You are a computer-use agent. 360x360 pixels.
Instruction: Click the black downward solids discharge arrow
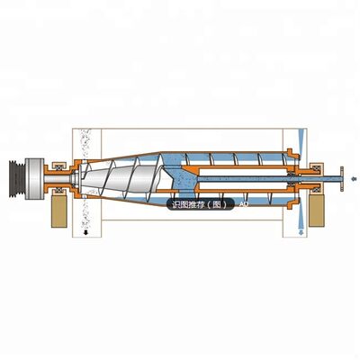click(x=85, y=232)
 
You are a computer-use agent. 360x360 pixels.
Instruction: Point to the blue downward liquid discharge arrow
click(x=298, y=232)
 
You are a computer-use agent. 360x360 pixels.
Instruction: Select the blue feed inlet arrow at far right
click(x=355, y=179)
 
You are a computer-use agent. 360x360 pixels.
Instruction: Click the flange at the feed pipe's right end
click(x=343, y=179)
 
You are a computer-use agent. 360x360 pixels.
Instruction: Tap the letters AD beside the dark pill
click(x=243, y=204)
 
